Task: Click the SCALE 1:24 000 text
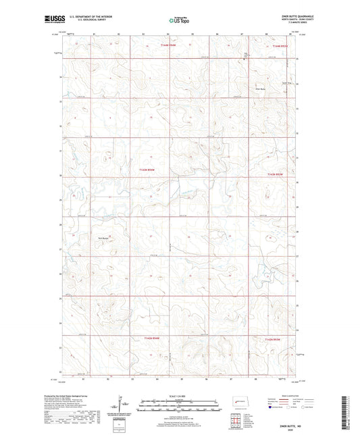pyautogui.click(x=179, y=396)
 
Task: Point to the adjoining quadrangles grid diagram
pyautogui.click(x=237, y=417)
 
